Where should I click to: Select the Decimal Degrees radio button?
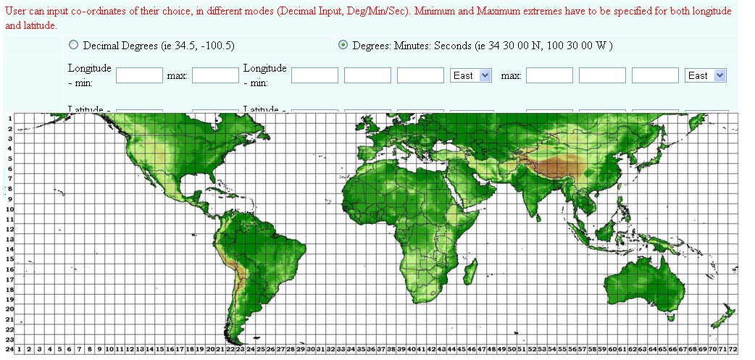click(x=73, y=45)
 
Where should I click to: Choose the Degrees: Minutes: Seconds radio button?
click(x=343, y=45)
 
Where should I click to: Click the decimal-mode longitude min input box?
click(x=139, y=75)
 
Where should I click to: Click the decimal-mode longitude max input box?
click(x=215, y=75)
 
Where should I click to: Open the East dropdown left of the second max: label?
click(x=470, y=75)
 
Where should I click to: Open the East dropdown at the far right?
click(x=706, y=75)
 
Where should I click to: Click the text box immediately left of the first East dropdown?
click(x=420, y=75)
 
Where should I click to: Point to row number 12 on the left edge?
click(x=10, y=229)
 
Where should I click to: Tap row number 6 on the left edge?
click(x=10, y=169)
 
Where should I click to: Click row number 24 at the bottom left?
click(x=9, y=349)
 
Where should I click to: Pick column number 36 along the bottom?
click(x=370, y=349)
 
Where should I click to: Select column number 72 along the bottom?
click(x=733, y=349)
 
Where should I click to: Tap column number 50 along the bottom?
click(x=512, y=349)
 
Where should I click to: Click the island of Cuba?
click(x=193, y=196)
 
